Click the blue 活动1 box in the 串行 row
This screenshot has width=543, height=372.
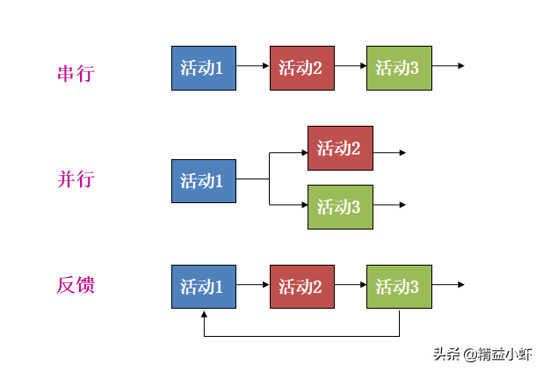[x=203, y=68]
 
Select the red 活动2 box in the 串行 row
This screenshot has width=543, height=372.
[x=301, y=68]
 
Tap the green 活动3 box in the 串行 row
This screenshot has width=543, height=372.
[x=399, y=68]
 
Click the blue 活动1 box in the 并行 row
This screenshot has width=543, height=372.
[x=203, y=181]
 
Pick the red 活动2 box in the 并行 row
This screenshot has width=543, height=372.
[x=340, y=148]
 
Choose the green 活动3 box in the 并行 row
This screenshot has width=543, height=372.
[x=340, y=207]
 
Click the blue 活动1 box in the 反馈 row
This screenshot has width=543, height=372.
[x=203, y=286]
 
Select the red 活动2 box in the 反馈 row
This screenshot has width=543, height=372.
[x=301, y=286]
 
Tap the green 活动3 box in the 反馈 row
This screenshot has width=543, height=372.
[x=399, y=286]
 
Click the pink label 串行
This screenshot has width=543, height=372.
[x=76, y=73]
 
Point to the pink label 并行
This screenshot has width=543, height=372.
[x=76, y=179]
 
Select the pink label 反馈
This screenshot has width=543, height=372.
[x=76, y=285]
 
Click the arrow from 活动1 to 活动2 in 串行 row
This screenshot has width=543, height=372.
[x=253, y=66]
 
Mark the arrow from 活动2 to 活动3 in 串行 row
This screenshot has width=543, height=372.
[x=350, y=66]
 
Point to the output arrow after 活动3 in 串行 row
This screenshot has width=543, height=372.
[x=448, y=66]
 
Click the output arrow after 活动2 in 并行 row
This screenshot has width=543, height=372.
[x=390, y=152]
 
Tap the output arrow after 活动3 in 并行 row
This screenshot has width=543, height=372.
[x=390, y=206]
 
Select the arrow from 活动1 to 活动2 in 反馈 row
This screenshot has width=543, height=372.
[x=253, y=284]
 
